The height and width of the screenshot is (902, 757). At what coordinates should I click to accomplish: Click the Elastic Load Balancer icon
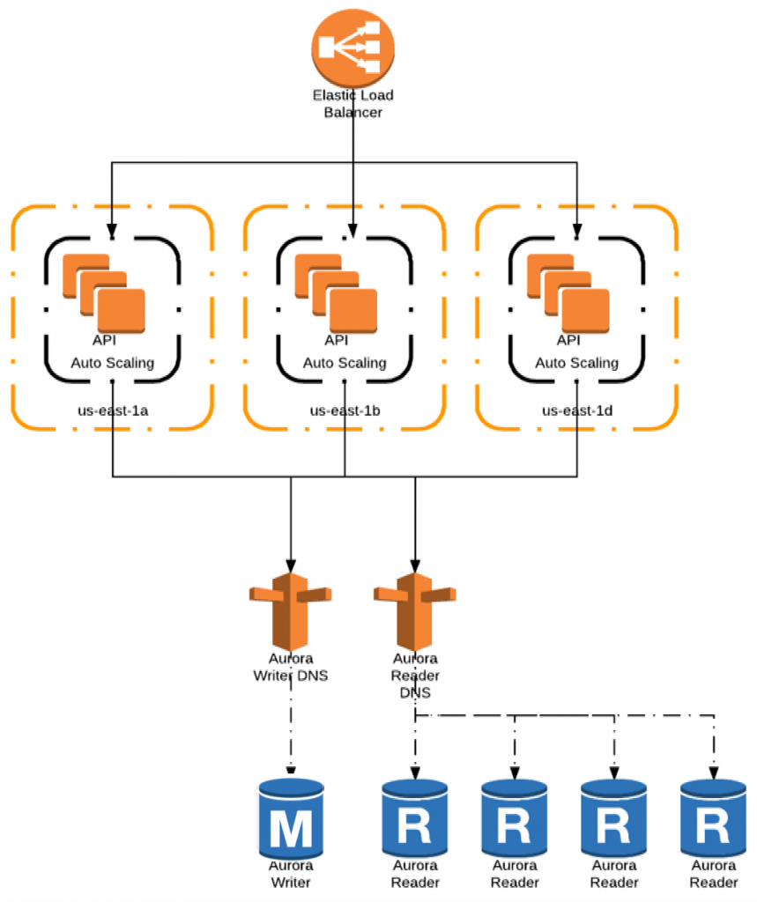353,48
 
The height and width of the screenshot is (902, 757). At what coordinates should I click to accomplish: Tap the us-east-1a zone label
113,410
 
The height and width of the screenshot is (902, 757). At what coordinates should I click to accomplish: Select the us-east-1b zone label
345,410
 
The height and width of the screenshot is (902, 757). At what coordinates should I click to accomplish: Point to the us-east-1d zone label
577,410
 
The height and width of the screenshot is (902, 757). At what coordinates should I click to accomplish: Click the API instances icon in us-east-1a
104,293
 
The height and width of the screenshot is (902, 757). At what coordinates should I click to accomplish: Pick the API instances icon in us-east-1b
336,293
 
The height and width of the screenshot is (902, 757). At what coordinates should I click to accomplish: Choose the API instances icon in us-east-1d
568,293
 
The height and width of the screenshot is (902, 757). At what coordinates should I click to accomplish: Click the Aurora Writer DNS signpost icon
291,611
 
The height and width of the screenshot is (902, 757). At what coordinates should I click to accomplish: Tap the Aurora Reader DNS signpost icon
415,611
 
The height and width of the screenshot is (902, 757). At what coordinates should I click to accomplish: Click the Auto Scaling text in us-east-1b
345,363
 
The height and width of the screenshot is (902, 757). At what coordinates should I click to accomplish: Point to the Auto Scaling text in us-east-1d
577,363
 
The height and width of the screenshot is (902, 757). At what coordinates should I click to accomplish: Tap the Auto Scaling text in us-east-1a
113,363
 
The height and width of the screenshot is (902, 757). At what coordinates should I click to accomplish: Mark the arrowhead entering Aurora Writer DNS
291,566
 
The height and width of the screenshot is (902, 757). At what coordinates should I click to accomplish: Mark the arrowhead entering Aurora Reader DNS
415,566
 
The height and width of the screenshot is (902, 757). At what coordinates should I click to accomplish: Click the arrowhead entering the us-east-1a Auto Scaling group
112,230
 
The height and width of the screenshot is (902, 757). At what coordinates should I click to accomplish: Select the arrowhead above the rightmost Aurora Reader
713,773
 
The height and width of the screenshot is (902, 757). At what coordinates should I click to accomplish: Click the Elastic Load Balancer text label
353,104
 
